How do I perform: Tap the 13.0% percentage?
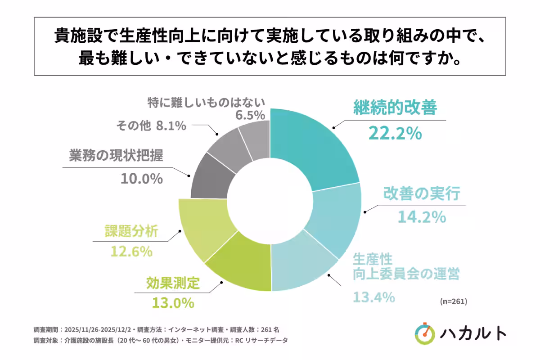coord(172,302)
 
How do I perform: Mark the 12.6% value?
coord(131,252)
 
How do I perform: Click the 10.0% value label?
coord(141,179)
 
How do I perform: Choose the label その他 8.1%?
coord(151,126)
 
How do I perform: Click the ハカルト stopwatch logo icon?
coord(425,333)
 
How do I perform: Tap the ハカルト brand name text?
coord(473,333)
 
